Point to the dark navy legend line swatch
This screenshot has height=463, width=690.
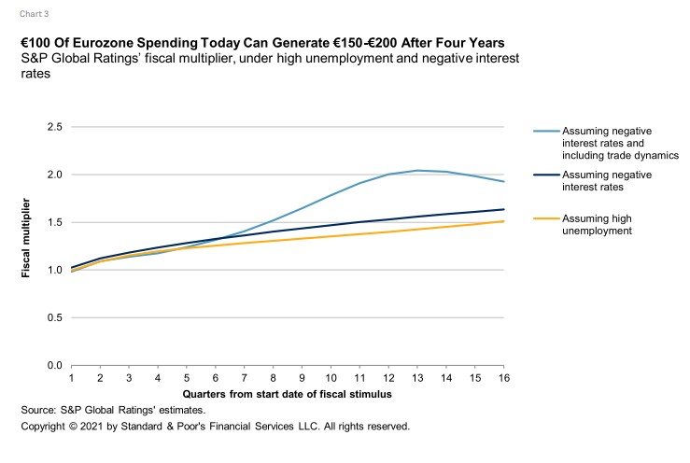coord(548,174)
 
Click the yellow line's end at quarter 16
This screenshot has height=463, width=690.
coord(504,221)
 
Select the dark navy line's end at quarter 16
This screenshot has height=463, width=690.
coord(504,209)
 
